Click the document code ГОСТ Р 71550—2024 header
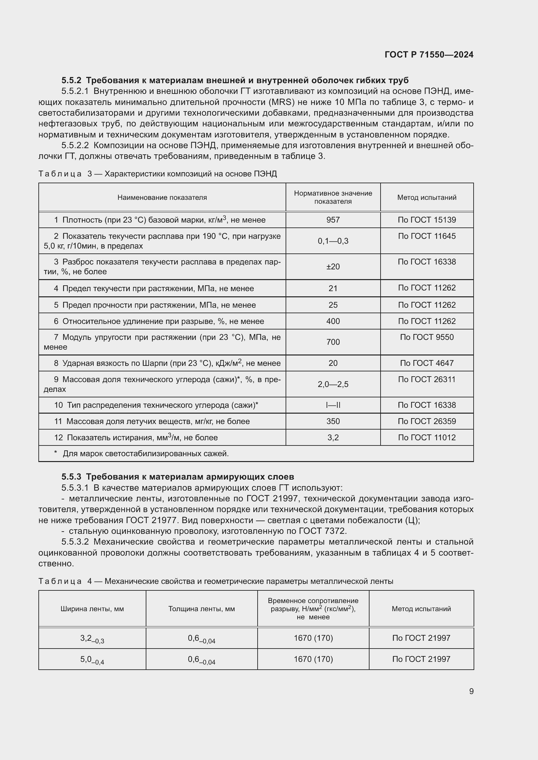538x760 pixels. point(429,55)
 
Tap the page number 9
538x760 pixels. point(471,691)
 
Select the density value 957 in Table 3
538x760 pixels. point(333,220)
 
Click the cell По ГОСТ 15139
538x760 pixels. point(427,220)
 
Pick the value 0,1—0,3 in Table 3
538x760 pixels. point(333,241)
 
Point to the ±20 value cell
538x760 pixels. point(333,267)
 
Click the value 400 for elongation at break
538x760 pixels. point(333,321)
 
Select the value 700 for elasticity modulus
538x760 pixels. point(333,342)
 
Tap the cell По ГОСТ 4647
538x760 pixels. point(427,363)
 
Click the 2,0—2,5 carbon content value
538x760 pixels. point(333,384)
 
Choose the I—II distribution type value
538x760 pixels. point(333,405)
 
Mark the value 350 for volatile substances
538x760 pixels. point(333,421)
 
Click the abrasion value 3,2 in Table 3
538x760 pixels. point(333,438)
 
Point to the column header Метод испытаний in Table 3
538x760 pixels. point(427,198)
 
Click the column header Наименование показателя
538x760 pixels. point(162,198)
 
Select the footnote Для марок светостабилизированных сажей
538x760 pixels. point(145,454)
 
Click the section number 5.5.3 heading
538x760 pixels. point(71,477)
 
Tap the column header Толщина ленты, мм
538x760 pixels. point(201,609)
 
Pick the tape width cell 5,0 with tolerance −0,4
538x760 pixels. point(92,660)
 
